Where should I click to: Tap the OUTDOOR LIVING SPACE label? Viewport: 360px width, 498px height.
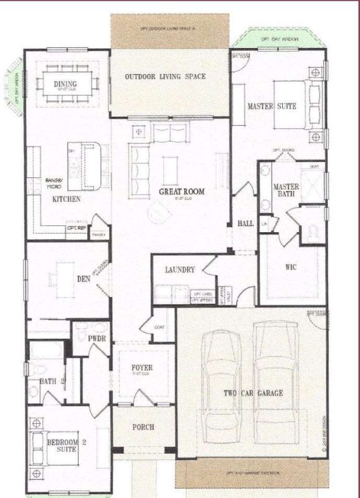coord(165,77)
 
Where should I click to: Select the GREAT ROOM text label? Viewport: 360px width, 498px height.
coord(181,192)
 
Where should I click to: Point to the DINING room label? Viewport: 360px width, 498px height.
coord(65,85)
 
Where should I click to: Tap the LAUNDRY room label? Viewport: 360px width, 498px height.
coord(181,270)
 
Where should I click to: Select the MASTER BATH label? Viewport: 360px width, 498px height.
coord(287,191)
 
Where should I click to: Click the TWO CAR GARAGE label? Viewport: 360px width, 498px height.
coord(253,393)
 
